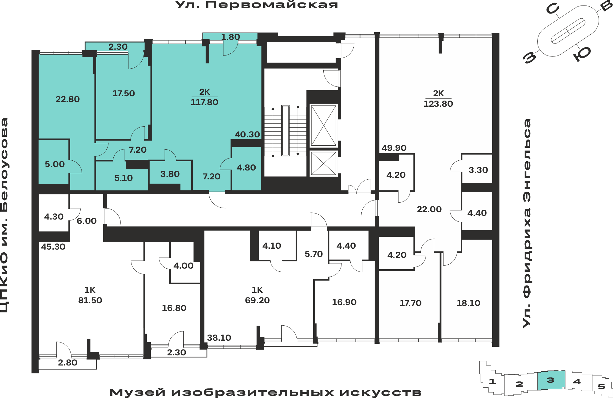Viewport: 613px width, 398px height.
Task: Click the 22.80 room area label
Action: pos(67,99)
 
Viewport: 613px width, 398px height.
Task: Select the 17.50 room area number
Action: pos(124,94)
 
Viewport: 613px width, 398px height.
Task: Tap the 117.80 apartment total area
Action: pos(204,102)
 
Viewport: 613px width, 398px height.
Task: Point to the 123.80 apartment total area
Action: pos(438,104)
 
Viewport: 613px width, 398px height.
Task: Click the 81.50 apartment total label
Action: pos(90,300)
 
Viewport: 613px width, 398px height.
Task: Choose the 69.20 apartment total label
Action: pos(257,300)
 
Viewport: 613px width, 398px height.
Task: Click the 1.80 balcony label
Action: pos(230,37)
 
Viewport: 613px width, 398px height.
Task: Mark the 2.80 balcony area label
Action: pos(67,363)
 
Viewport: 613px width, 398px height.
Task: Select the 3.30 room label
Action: pos(478,170)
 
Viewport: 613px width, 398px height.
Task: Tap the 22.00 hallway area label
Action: pos(429,209)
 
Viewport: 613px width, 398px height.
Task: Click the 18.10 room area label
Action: pos(468,303)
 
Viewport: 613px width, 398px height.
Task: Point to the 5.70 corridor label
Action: pos(314,254)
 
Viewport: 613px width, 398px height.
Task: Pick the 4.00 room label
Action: pos(183,266)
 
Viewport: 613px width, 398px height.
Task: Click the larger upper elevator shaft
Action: pos(324,125)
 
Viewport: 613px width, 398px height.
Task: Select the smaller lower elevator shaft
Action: pos(324,163)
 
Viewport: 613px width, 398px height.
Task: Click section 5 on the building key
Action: pos(601,386)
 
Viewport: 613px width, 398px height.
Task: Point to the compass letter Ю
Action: pos(582,54)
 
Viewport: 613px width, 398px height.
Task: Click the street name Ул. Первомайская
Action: pos(257,5)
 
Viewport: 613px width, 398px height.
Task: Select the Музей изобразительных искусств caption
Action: pos(265,392)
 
